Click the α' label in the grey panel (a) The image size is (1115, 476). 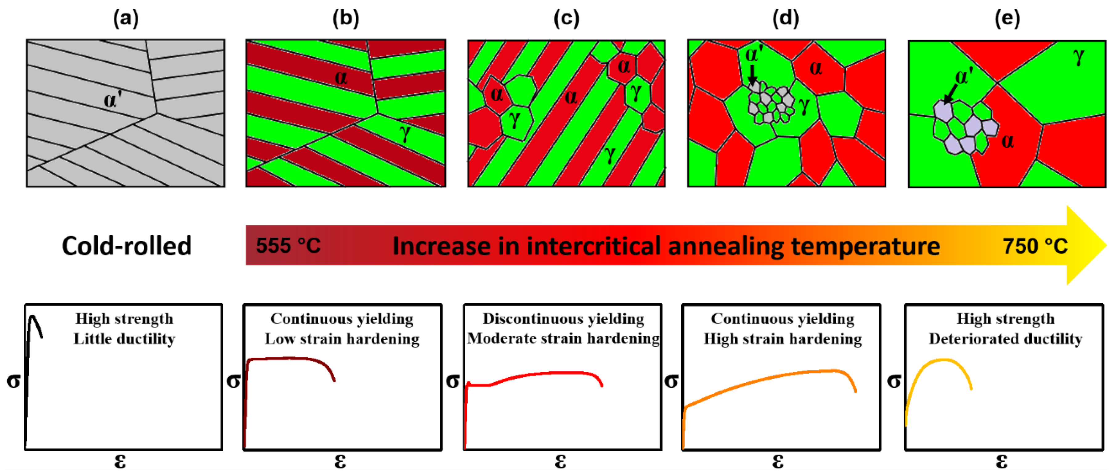tap(112, 99)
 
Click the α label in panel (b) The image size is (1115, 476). tap(341, 78)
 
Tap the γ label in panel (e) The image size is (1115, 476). tap(1079, 56)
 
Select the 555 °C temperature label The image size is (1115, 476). tap(288, 246)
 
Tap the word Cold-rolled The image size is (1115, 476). tap(126, 246)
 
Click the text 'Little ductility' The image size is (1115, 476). tap(124, 338)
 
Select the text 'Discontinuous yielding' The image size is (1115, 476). tap(563, 319)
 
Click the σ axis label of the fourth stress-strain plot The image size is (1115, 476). tap(671, 381)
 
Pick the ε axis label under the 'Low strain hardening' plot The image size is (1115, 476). tap(340, 461)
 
